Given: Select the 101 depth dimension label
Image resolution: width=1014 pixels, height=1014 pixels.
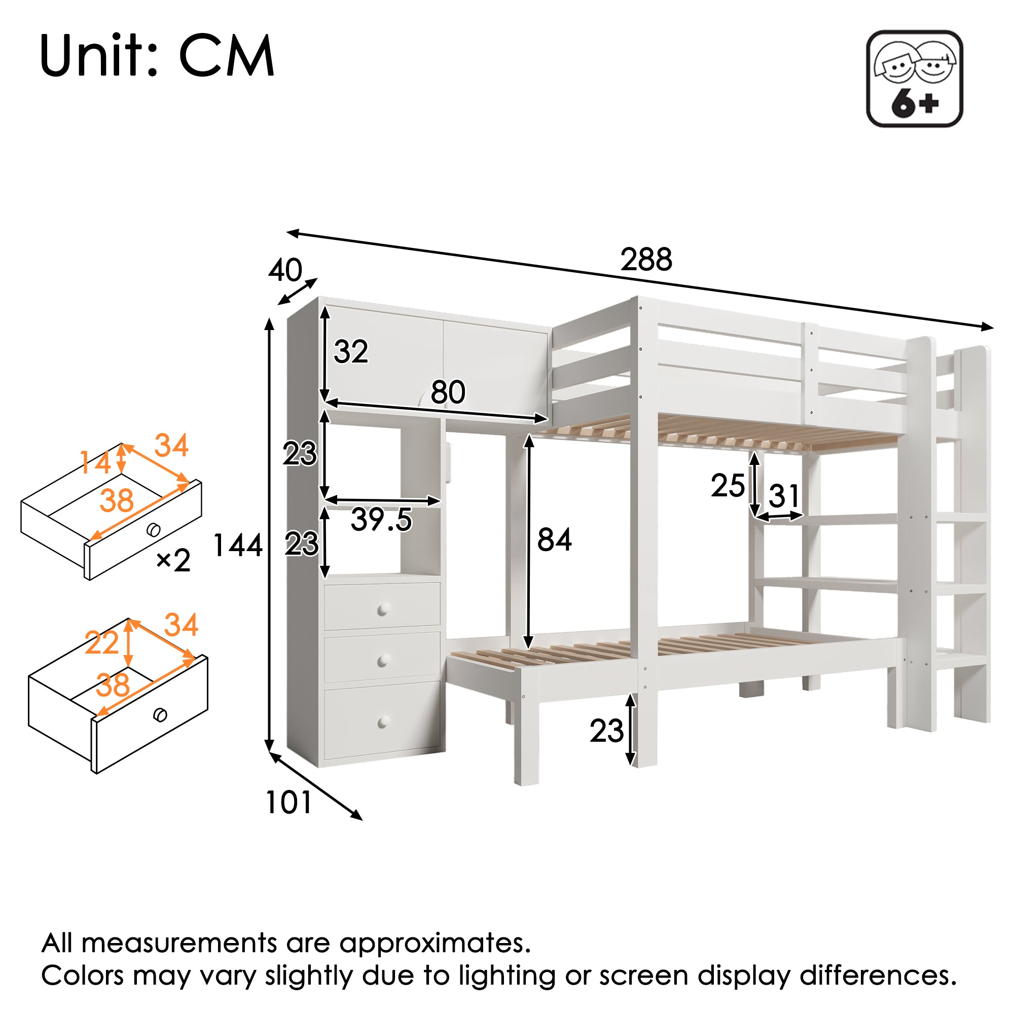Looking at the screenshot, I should pyautogui.click(x=288, y=803).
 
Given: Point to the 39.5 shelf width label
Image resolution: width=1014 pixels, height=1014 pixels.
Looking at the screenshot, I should pyautogui.click(x=381, y=520).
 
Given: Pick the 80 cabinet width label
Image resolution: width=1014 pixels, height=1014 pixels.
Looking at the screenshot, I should pyautogui.click(x=448, y=392).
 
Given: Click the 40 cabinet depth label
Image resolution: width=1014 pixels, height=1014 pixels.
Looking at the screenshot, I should pyautogui.click(x=285, y=270).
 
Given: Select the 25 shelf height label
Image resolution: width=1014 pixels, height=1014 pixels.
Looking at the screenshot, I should pyautogui.click(x=728, y=486).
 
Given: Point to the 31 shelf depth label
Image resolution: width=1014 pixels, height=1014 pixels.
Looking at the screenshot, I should pyautogui.click(x=784, y=496).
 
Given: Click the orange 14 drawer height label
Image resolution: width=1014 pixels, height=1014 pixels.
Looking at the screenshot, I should pyautogui.click(x=95, y=463).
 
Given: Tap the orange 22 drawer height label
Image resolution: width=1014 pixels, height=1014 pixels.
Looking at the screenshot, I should pyautogui.click(x=102, y=643).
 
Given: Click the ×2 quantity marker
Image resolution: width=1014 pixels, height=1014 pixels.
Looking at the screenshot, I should pyautogui.click(x=173, y=561).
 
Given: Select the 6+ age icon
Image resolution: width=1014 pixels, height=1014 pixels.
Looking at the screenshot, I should pyautogui.click(x=914, y=79).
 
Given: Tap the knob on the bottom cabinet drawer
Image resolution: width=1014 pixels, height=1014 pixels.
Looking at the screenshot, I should pyautogui.click(x=384, y=721).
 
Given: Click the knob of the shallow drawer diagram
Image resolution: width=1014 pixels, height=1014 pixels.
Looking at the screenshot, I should pyautogui.click(x=153, y=530).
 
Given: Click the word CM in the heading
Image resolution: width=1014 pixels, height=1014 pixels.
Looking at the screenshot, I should pyautogui.click(x=227, y=56).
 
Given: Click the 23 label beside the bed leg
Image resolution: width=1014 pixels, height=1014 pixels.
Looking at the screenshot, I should pyautogui.click(x=607, y=731).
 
